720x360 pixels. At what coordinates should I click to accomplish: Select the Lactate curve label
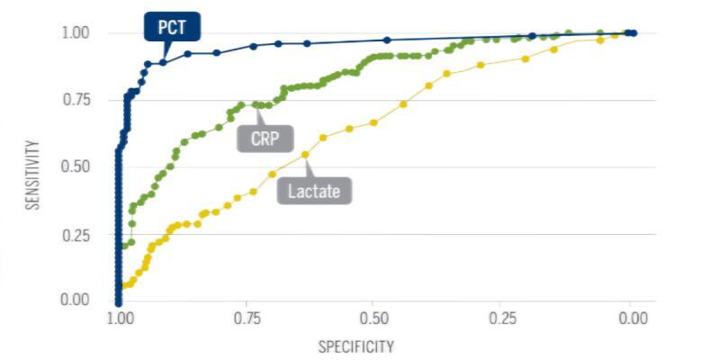click(x=314, y=190)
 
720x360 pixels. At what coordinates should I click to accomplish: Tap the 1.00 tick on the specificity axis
click(x=118, y=319)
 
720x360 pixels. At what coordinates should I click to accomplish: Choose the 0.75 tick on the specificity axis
click(x=247, y=319)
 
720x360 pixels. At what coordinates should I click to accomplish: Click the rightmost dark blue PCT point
click(x=634, y=33)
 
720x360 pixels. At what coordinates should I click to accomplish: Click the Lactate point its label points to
click(x=305, y=154)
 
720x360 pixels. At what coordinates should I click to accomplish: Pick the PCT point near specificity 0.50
click(x=387, y=40)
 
